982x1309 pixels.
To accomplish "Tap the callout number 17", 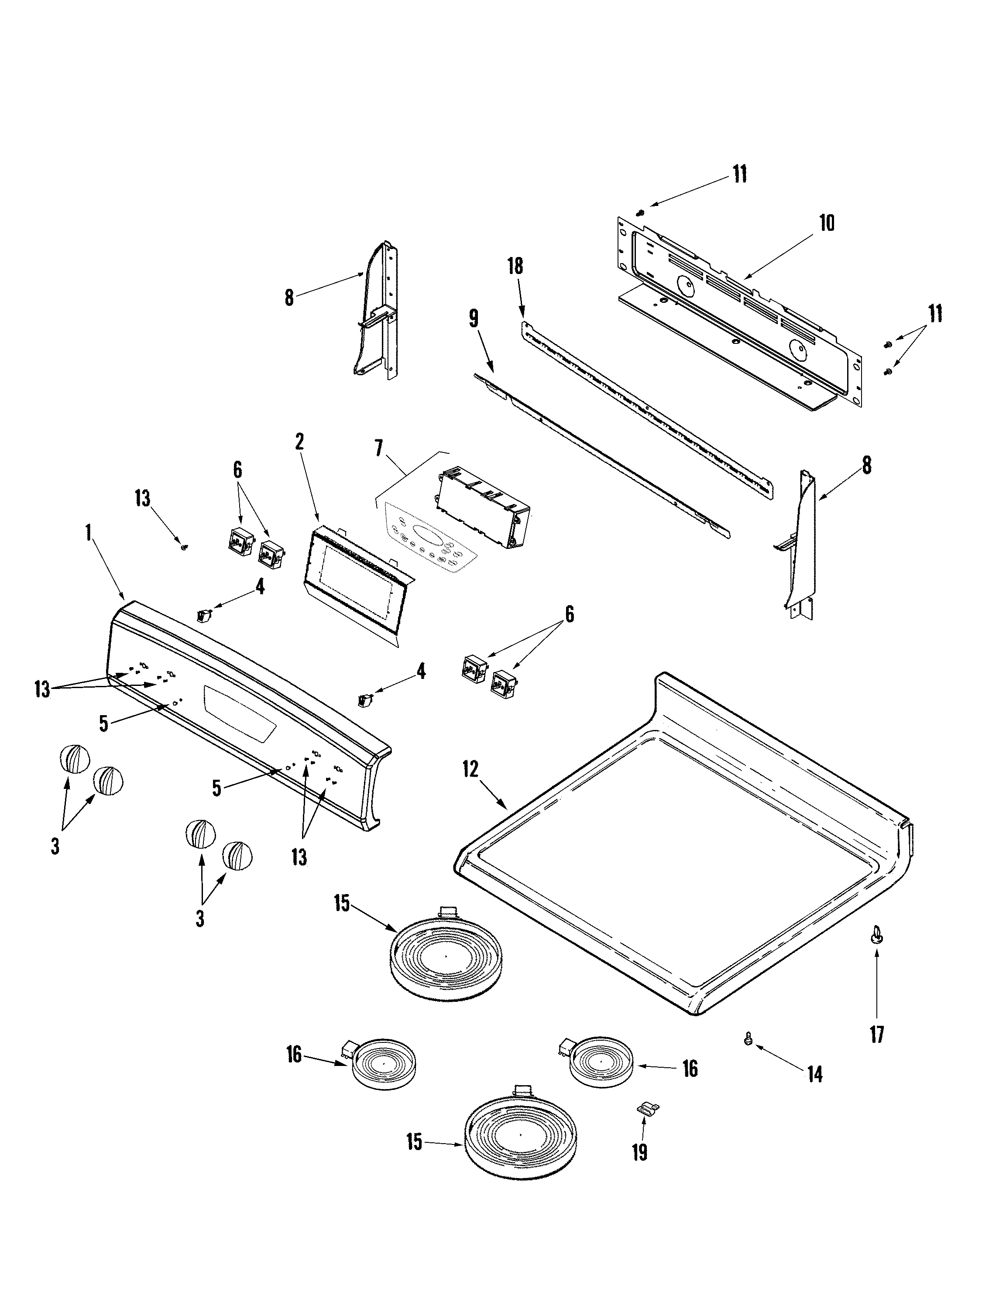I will click(x=877, y=1035).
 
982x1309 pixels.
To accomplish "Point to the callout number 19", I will click(x=639, y=1152).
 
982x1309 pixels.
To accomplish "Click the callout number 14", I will click(x=815, y=1075).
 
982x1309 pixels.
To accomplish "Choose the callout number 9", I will click(x=474, y=319).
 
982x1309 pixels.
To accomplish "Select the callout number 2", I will click(x=299, y=442).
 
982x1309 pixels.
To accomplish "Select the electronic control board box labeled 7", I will click(x=483, y=509).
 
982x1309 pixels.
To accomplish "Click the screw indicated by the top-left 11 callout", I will click(x=640, y=211).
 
